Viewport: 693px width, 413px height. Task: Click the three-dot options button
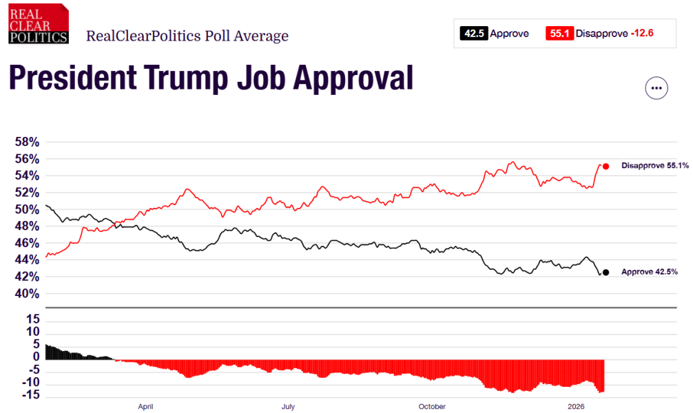click(x=656, y=88)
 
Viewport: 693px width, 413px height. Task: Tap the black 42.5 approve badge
click(x=473, y=33)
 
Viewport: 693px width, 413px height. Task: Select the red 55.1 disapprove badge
click(x=559, y=33)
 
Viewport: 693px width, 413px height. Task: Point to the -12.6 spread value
click(x=645, y=33)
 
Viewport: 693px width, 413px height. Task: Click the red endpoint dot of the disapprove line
click(x=606, y=166)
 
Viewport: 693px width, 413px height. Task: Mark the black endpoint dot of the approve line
click(x=606, y=273)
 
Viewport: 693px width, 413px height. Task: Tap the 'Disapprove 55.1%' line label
click(x=650, y=166)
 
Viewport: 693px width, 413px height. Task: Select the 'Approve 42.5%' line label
click(x=649, y=273)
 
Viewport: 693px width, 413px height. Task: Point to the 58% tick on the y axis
click(x=26, y=142)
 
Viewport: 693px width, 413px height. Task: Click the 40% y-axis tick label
click(x=26, y=294)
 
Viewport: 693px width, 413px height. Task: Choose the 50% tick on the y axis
click(x=26, y=210)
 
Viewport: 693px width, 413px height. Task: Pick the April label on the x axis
click(x=145, y=407)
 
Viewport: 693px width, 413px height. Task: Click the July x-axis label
click(x=288, y=407)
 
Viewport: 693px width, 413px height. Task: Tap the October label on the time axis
click(x=432, y=407)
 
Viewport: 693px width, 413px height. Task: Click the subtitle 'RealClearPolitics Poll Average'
click(x=187, y=36)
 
